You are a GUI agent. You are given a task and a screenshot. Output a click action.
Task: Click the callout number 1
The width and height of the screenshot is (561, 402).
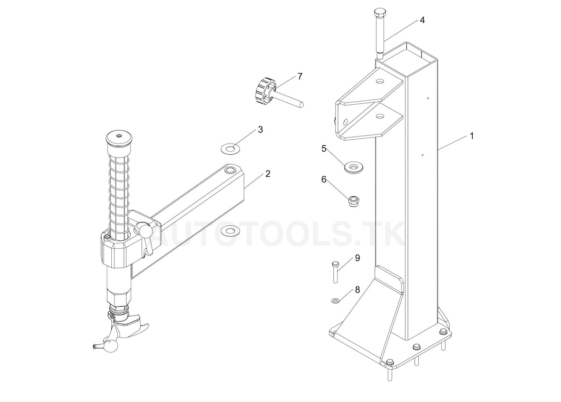pos(472,136)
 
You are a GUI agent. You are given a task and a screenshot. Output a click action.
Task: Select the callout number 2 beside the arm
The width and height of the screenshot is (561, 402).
pos(267,174)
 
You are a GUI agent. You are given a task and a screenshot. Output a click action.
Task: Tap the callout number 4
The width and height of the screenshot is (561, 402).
pos(422,21)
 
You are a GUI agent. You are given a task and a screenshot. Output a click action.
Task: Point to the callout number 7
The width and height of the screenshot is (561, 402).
pos(300,76)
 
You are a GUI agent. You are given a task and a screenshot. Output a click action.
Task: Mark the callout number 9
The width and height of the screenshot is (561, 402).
pos(357,258)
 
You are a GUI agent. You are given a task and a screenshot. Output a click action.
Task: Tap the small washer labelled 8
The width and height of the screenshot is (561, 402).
pos(336,300)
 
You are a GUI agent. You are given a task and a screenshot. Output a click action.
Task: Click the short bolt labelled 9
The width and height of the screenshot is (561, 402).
pos(335,272)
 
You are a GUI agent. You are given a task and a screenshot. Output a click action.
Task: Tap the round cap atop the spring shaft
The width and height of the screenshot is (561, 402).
pos(119,137)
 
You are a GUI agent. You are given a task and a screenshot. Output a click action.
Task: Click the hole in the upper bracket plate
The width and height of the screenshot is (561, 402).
pos(380,81)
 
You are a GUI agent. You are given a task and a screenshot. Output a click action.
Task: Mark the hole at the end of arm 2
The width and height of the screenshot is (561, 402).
pos(230,170)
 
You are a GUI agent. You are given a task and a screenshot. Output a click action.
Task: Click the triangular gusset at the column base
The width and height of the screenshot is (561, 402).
pos(369,309)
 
